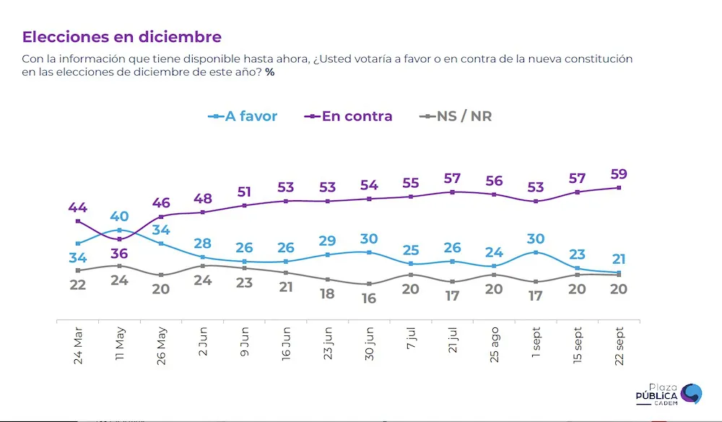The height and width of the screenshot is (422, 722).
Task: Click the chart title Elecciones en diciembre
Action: coord(122,37)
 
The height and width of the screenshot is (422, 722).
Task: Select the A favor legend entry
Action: coord(243,116)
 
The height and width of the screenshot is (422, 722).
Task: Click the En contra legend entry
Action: coord(351,116)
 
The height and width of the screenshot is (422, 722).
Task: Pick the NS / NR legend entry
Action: coord(456,116)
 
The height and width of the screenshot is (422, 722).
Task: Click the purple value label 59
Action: coord(619,174)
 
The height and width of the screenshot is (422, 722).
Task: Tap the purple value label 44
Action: coord(78,207)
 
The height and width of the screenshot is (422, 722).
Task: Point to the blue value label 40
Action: coord(120,216)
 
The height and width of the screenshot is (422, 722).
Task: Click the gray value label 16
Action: coord(370,298)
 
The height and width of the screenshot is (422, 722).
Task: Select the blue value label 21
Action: coord(619,259)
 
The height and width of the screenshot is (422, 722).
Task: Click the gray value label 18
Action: coord(328,293)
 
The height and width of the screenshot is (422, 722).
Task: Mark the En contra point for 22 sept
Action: coord(619,188)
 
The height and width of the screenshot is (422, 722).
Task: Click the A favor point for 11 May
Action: coord(120,230)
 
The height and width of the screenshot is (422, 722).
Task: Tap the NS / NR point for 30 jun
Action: coord(370,284)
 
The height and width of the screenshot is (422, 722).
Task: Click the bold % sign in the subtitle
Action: coord(269,72)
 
